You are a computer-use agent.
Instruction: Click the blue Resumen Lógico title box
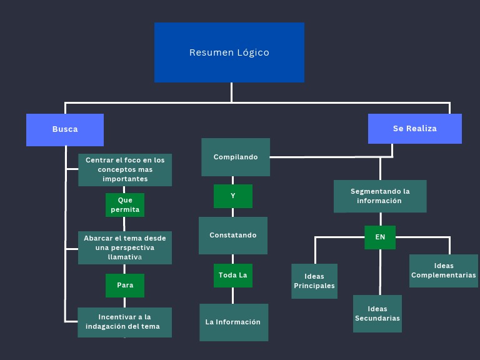point(229,52)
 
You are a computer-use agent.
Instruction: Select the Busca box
point(65,129)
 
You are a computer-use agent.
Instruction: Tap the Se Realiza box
point(414,129)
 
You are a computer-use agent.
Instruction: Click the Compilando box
point(236,157)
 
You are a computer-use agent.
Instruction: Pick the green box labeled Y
point(233,196)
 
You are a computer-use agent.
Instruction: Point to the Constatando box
point(233,236)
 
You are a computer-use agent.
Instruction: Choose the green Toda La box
point(233,275)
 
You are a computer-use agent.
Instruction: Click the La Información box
point(234,322)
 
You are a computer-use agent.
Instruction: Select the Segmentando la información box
point(380,196)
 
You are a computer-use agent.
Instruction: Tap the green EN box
point(380,237)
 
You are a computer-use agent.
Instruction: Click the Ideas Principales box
point(314,281)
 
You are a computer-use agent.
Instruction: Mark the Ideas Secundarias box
point(377,314)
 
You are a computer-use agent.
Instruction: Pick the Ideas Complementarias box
point(444,271)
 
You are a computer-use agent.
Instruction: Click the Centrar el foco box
point(125,169)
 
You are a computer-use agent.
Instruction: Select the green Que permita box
point(125,205)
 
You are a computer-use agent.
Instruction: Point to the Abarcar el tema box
point(125,247)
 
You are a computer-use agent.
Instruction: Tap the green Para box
point(125,286)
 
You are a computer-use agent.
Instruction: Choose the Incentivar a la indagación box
point(124,322)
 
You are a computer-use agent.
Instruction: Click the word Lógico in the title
point(253,52)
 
